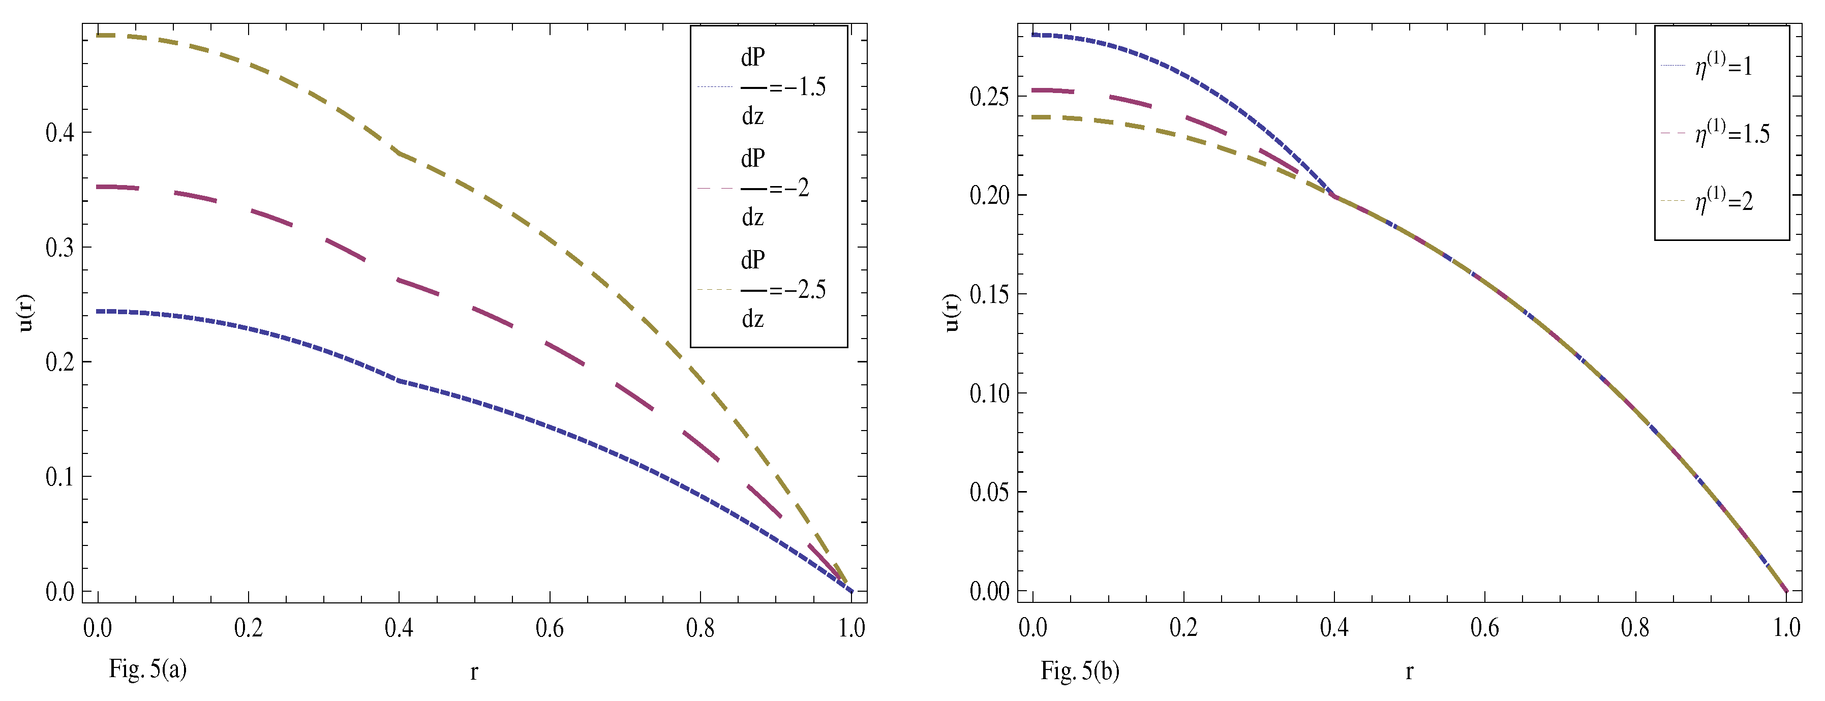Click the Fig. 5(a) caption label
[147, 668]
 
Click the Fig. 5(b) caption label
[1080, 670]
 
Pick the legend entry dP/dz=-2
[762, 188]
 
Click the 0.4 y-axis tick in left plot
[59, 133]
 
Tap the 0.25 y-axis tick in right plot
[989, 97]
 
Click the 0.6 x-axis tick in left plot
[549, 628]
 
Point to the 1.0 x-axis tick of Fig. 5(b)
[1786, 627]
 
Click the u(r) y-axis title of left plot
[26, 313]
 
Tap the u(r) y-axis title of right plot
[952, 313]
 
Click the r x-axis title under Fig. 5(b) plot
[1409, 670]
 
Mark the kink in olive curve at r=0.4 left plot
[400, 153]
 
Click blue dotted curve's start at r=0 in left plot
[99, 311]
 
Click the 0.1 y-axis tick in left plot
[59, 477]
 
